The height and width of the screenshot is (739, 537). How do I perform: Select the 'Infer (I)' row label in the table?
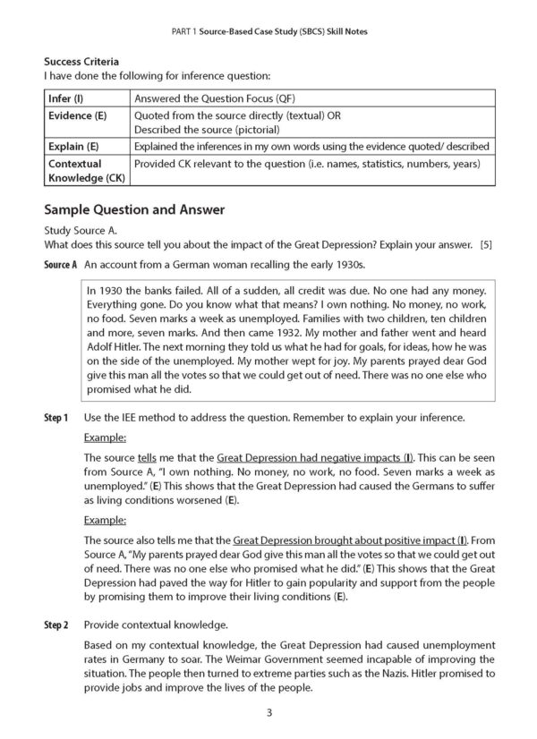coord(64,98)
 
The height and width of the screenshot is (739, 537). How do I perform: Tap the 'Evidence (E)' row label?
coord(72,115)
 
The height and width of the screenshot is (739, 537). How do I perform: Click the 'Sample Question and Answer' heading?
coord(134,209)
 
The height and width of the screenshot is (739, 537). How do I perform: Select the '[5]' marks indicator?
coord(486,244)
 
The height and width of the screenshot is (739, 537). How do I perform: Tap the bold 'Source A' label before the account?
coord(61,266)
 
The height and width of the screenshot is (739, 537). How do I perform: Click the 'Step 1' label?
coord(55,417)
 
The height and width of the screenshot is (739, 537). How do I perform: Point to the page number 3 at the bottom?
coord(268,712)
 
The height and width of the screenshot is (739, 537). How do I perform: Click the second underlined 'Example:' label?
coord(105,519)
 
